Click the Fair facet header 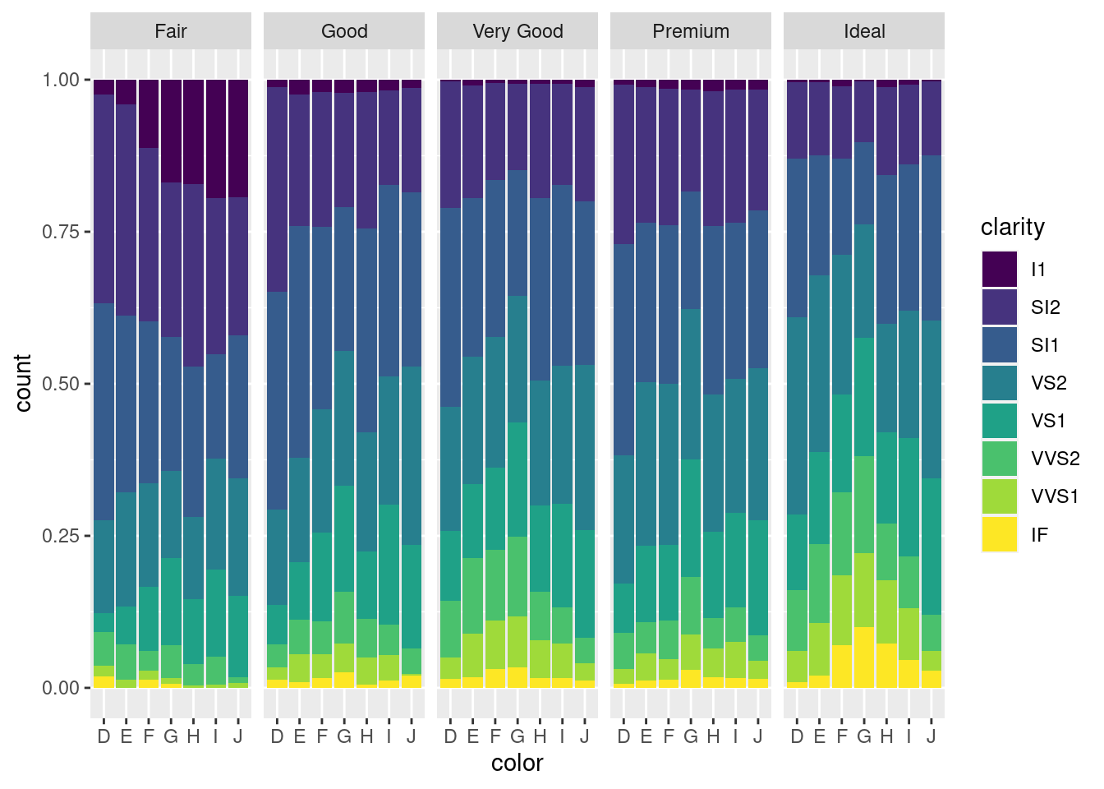tap(171, 31)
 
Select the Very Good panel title tap(517, 31)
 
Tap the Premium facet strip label tap(691, 31)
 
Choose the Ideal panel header tap(864, 31)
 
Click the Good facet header tap(344, 31)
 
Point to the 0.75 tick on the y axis tap(60, 232)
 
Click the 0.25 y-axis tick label tap(60, 536)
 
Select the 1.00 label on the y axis tap(60, 80)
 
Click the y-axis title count tap(23, 383)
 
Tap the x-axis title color tap(517, 764)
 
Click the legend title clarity tap(1013, 228)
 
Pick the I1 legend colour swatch tap(1000, 270)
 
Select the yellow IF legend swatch tap(1000, 534)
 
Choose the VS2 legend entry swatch tap(1000, 383)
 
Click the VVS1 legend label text tap(1055, 496)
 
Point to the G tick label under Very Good tap(517, 736)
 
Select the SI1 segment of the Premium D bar tap(624, 349)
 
